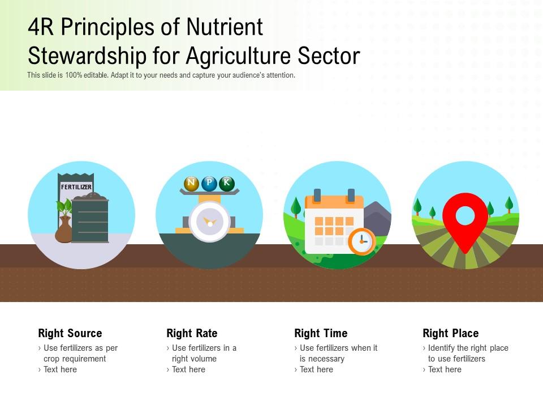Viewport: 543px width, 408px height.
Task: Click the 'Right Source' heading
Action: coord(70,333)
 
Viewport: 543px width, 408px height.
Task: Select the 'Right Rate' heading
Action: coord(192,333)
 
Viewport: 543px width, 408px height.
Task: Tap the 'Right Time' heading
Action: coord(321,333)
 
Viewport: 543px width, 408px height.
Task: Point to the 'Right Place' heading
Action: coord(450,333)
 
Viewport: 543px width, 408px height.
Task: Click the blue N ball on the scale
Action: coord(191,183)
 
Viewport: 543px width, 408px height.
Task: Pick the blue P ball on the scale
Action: coord(209,183)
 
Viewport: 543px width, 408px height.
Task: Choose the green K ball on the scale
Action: coord(227,183)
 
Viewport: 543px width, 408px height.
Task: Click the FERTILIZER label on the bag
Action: coord(76,187)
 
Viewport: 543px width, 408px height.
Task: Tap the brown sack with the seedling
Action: coord(63,230)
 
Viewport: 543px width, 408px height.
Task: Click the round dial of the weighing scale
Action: coord(210,222)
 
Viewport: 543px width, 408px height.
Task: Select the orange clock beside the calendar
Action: coord(361,241)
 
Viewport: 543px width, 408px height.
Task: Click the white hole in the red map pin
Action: coord(465,216)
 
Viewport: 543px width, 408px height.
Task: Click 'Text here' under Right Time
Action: coord(317,369)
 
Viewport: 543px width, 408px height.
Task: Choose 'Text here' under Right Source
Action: coord(60,369)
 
